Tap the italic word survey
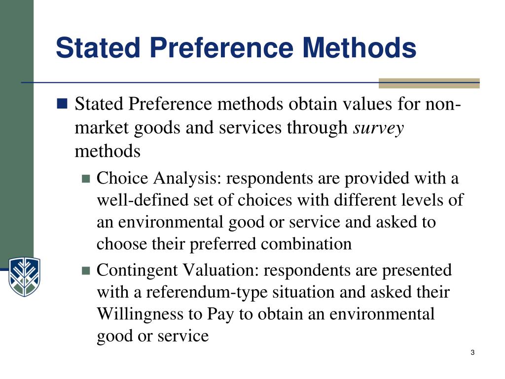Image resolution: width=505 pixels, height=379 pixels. click(x=379, y=128)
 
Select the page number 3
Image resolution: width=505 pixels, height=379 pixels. click(x=472, y=352)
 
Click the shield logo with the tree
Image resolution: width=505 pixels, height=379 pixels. click(x=24, y=276)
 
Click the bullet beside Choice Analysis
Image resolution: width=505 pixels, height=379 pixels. click(x=86, y=179)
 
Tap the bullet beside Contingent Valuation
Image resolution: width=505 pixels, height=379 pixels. click(x=86, y=270)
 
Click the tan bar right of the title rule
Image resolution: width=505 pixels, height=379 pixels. click(x=429, y=83)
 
